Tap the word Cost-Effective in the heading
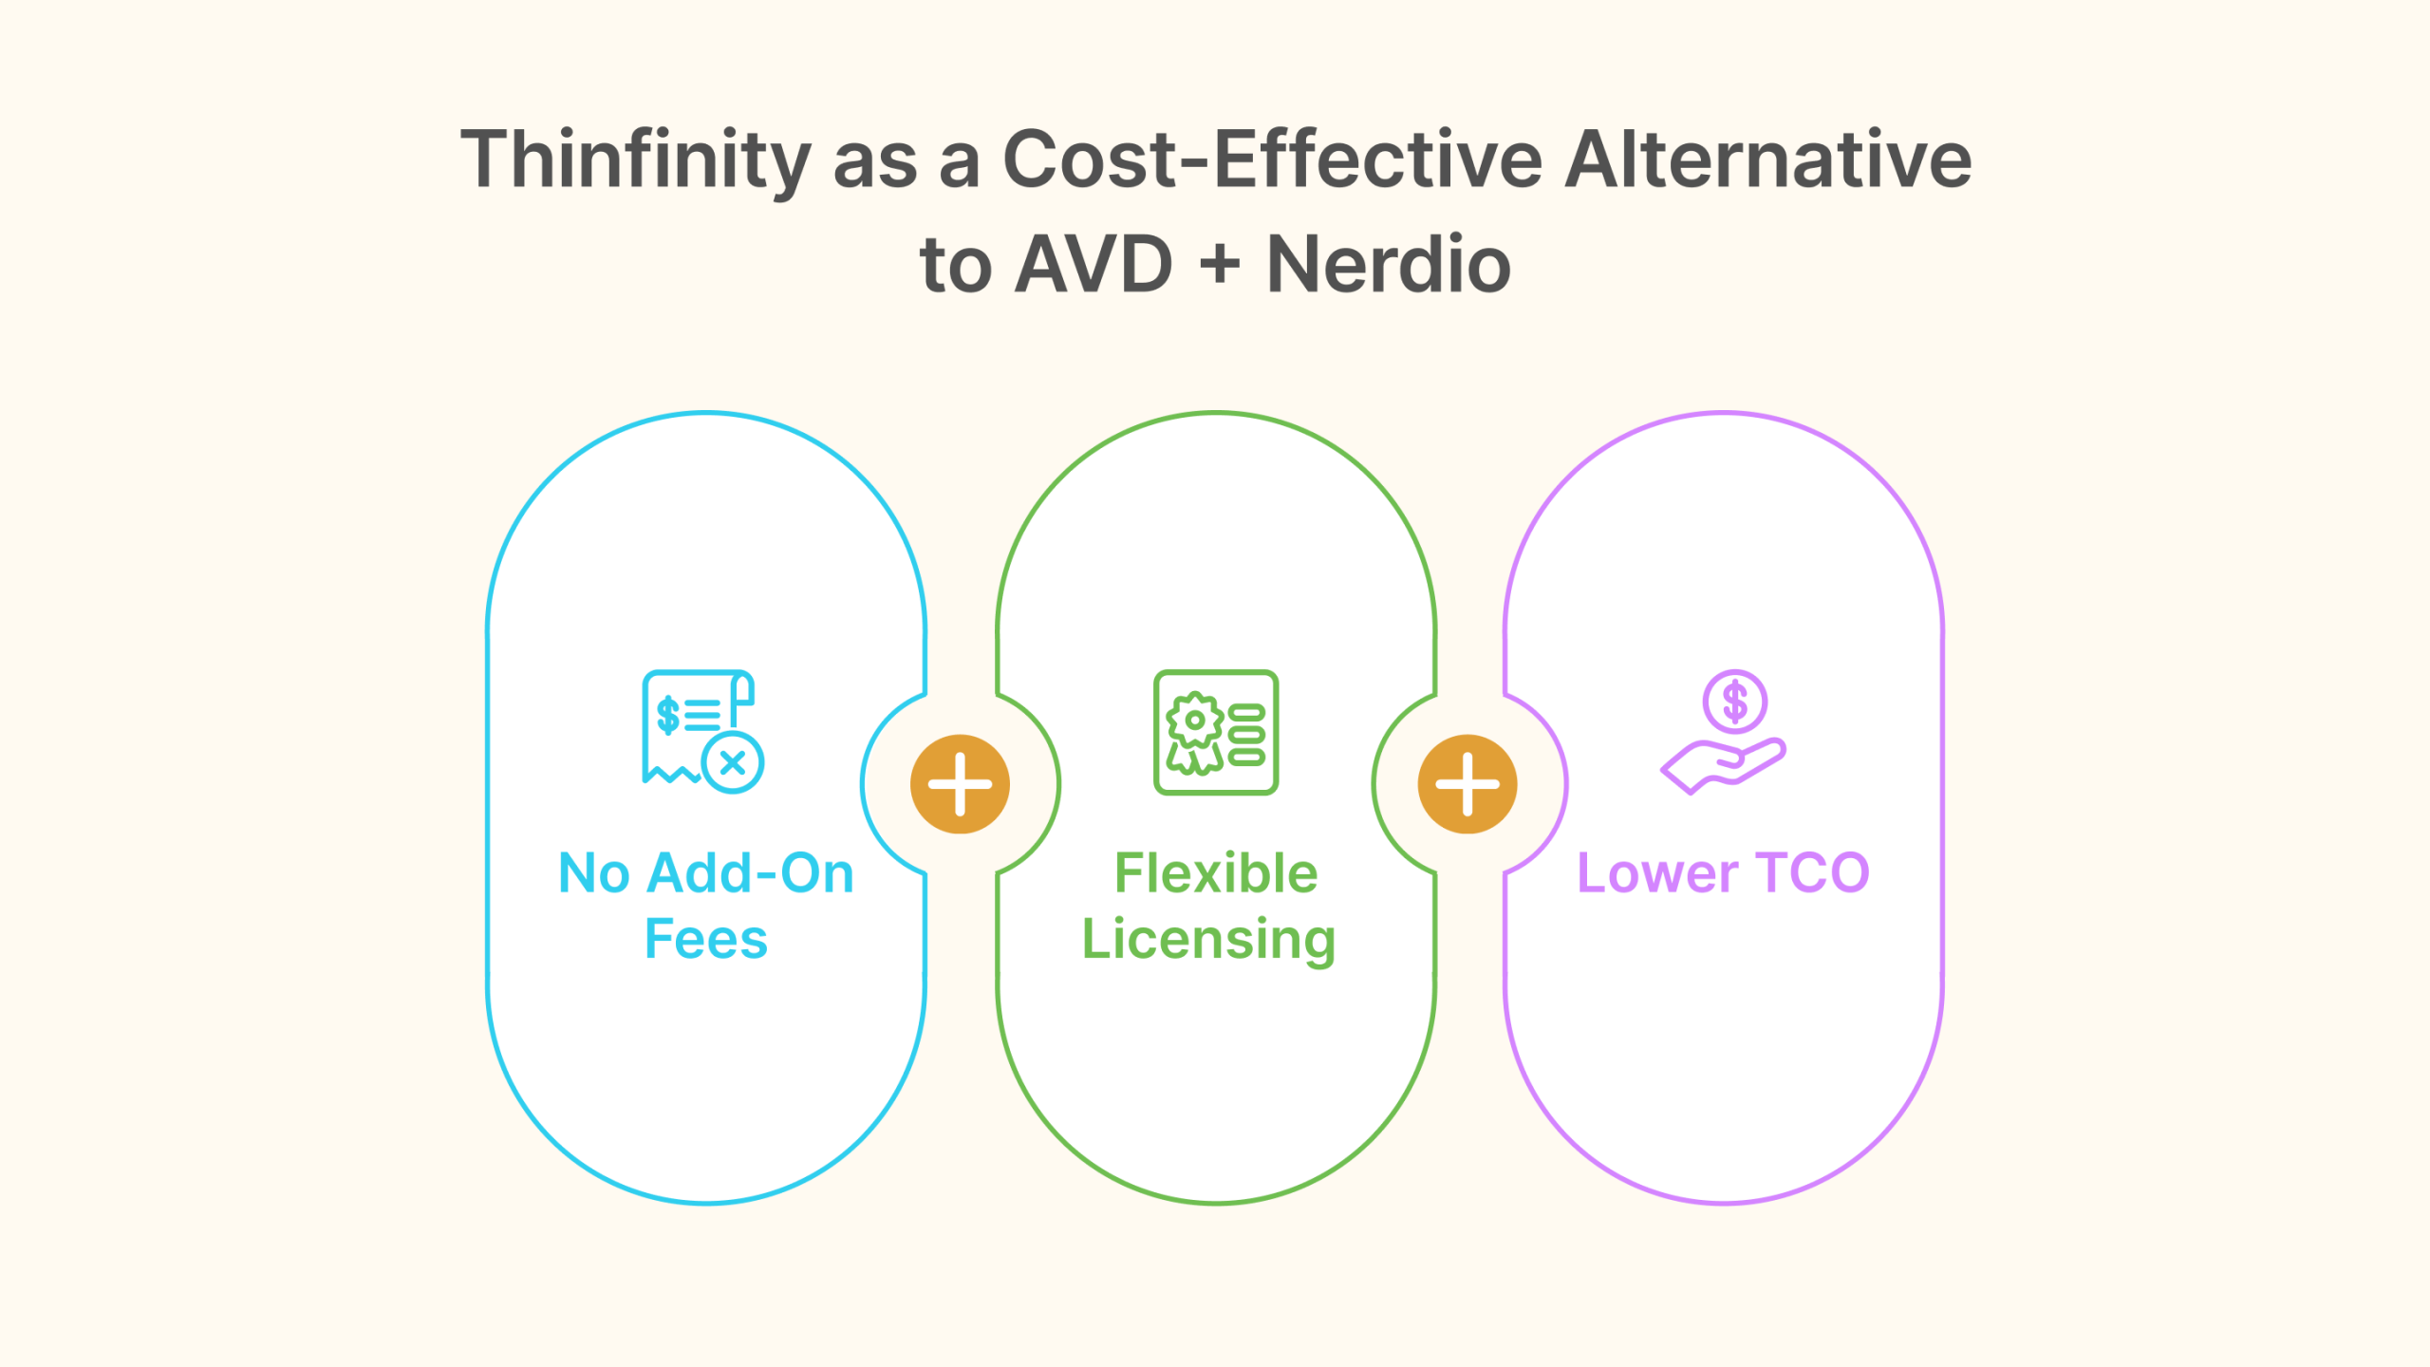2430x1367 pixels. coord(1273,159)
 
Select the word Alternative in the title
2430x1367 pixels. coord(1767,159)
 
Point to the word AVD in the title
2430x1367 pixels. coord(1093,264)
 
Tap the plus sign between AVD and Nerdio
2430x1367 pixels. coord(1220,264)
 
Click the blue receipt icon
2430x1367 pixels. coord(702,731)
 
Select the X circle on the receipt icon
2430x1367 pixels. coord(733,762)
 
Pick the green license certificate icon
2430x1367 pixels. coord(1216,732)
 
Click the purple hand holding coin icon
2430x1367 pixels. coord(1724,732)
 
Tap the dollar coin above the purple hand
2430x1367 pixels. coord(1734,702)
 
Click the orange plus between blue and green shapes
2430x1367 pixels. coord(960,784)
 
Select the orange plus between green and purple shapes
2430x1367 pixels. coord(1467,784)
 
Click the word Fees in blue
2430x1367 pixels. coord(706,939)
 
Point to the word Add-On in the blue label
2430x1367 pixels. coord(750,872)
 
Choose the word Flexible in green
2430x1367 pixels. coord(1216,872)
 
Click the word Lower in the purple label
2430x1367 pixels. coord(1657,872)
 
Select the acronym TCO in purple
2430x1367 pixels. coord(1813,872)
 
